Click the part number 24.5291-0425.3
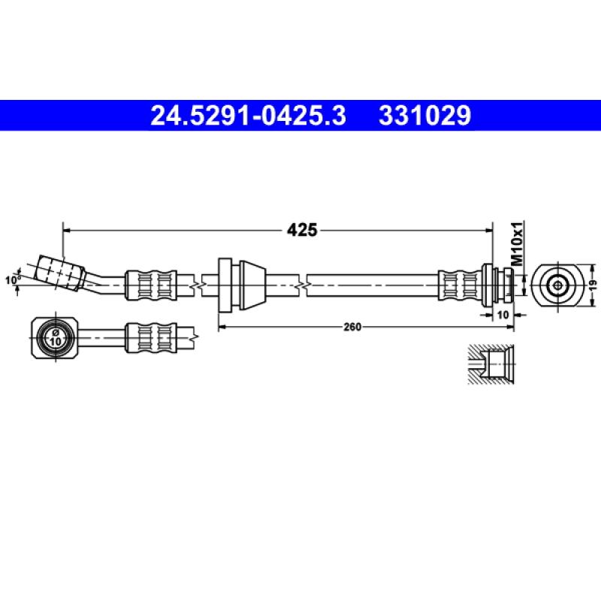point(249,116)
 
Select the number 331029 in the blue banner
point(424,116)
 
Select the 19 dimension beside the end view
point(592,285)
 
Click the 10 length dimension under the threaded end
point(501,316)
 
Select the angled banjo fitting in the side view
point(60,272)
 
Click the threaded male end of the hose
point(502,285)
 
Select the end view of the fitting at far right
point(557,285)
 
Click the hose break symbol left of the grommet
point(198,285)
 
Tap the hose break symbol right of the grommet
point(301,285)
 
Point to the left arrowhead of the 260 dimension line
point(221,327)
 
